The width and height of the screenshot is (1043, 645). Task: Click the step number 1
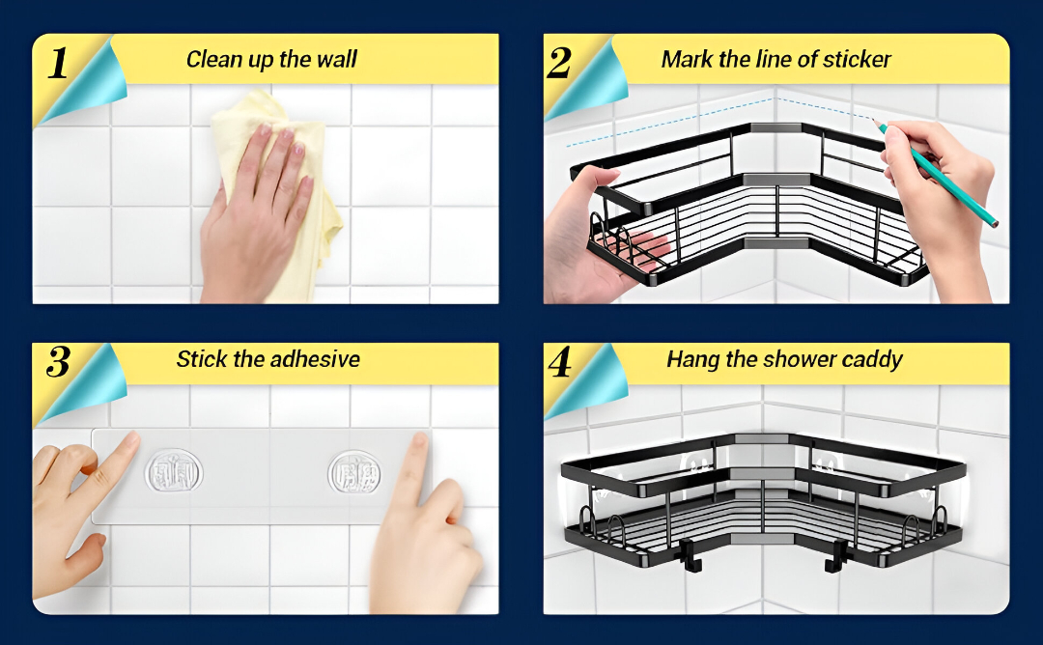58,63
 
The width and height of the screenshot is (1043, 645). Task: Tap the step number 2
559,63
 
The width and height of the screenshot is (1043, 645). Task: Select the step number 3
59,362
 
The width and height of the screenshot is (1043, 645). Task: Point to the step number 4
559,363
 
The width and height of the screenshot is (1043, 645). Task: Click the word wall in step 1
337,59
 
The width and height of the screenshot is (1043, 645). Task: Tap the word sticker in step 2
857,59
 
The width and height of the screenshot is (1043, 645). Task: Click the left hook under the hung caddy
690,556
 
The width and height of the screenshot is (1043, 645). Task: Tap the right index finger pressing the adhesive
418,465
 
